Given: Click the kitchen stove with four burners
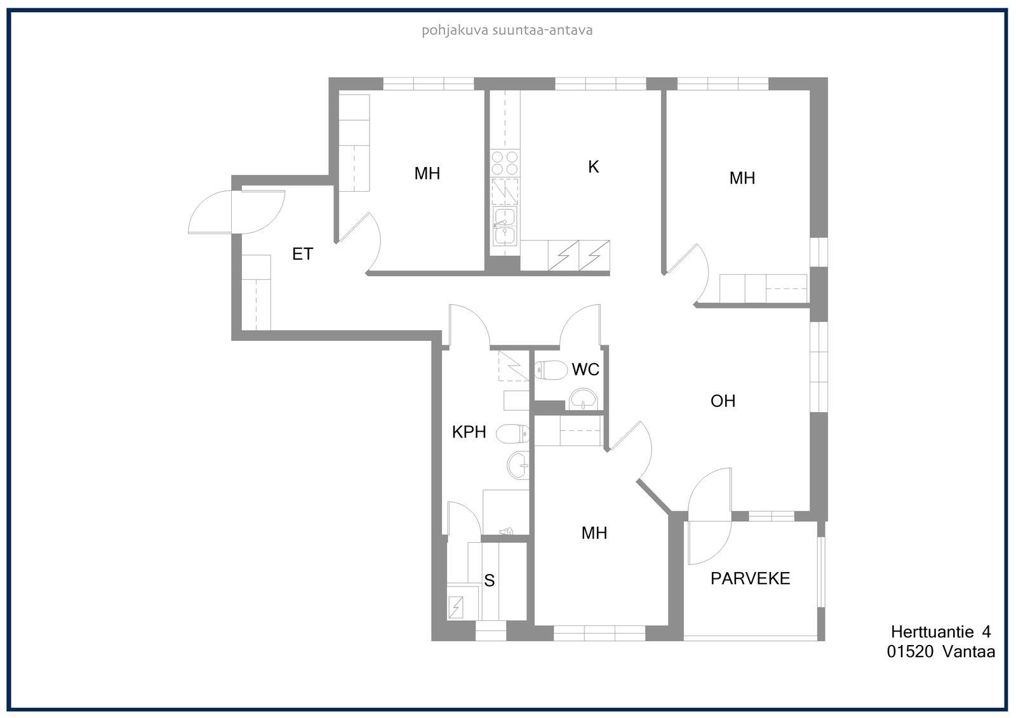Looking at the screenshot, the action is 505,163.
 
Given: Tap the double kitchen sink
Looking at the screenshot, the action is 504,225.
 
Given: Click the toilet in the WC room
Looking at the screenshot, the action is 551,370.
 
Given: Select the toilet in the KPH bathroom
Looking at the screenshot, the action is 512,434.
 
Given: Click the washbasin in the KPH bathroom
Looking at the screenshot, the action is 518,465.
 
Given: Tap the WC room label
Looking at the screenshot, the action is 585,369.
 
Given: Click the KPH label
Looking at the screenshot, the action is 469,432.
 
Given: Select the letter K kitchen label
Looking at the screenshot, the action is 593,167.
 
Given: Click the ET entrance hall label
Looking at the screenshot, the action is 302,254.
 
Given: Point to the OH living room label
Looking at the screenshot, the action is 723,401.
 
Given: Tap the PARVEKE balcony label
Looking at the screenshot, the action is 750,578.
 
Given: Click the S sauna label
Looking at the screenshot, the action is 490,581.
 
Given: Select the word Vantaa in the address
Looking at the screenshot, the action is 969,652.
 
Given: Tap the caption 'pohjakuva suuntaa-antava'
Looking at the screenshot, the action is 507,30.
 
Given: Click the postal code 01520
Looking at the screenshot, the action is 911,652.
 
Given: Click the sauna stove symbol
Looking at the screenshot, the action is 456,608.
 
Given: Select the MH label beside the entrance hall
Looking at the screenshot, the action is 427,173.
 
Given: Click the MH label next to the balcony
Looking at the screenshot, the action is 594,533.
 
